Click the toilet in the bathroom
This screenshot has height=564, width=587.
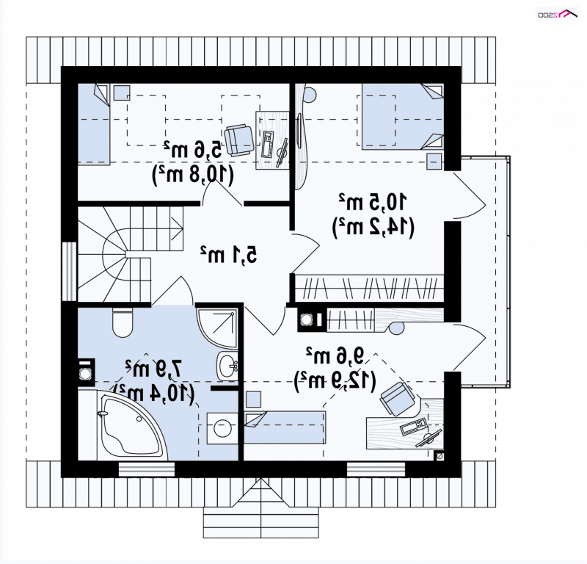click(x=123, y=322)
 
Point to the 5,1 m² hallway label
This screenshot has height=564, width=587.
click(x=229, y=254)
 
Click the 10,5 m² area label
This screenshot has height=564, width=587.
click(x=373, y=202)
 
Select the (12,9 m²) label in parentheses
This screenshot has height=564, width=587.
click(x=335, y=380)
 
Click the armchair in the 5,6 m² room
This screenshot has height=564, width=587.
click(x=239, y=140)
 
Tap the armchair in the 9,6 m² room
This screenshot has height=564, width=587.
click(x=398, y=399)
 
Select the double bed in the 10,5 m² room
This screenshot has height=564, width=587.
click(x=403, y=117)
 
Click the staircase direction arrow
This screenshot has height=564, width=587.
click(x=177, y=224)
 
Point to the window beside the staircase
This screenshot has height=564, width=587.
click(x=69, y=271)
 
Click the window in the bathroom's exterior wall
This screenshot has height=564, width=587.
click(x=147, y=469)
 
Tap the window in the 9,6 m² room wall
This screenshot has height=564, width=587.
click(x=376, y=469)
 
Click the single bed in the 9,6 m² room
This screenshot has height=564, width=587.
click(x=285, y=427)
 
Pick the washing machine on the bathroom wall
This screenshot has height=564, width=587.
click(x=86, y=372)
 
